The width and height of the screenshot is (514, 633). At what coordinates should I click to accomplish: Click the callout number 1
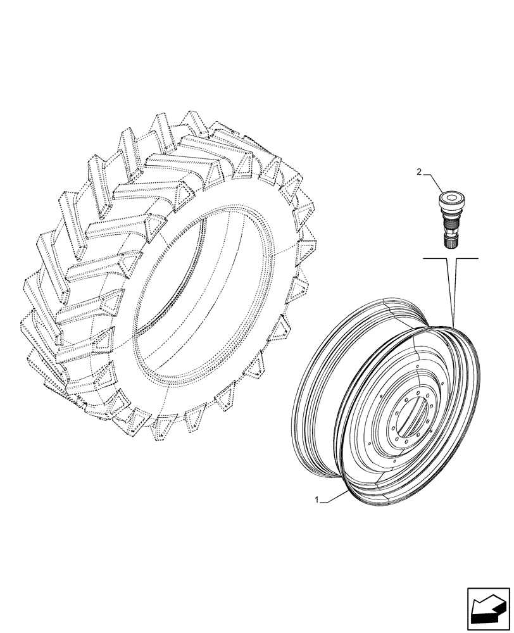coord(317,501)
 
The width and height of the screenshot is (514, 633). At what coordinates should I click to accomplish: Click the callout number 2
coord(418,171)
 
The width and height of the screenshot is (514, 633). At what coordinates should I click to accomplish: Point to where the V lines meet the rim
coord(454,325)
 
